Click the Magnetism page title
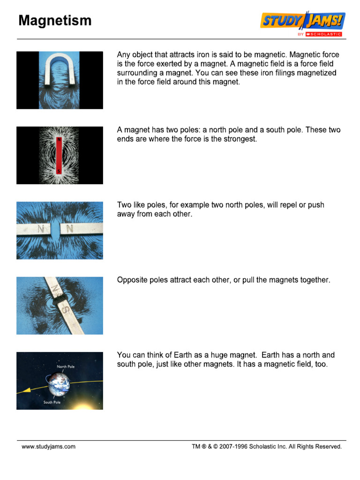[55, 21]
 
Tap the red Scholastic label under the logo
[323, 34]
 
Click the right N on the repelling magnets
[70, 229]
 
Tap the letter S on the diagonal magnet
[67, 311]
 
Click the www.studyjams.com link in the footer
[48, 447]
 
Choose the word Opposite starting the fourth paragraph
[133, 280]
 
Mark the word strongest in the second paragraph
[240, 139]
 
